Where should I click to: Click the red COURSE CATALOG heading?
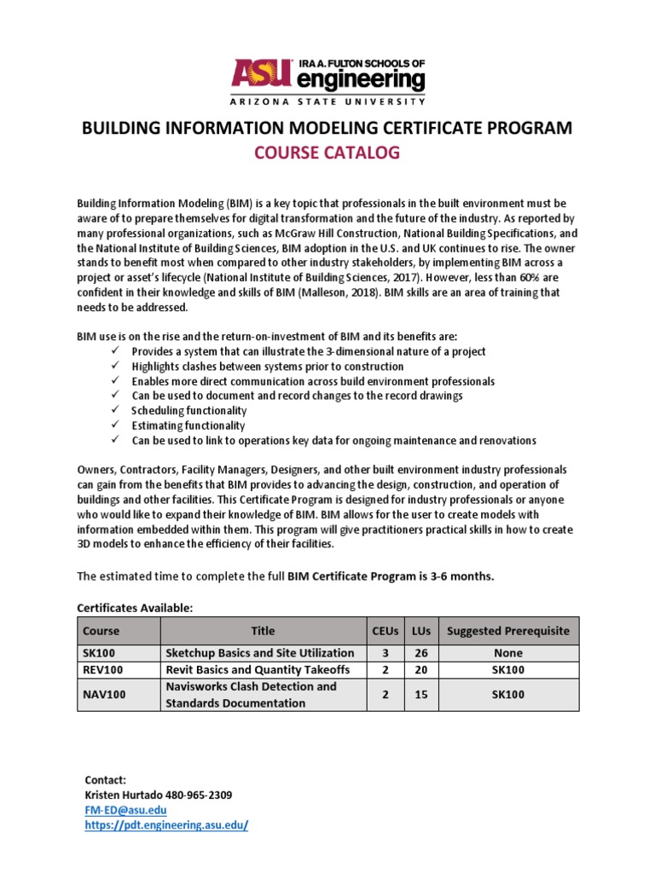coord(327,154)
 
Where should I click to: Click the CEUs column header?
coord(385,631)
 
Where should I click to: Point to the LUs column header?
coord(420,631)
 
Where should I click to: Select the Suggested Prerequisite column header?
coord(507,631)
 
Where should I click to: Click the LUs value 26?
coord(420,652)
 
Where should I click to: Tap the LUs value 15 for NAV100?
coord(420,695)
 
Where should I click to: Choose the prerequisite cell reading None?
coord(507,652)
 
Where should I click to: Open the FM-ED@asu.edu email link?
coord(125,810)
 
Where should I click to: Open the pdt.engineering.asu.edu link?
coord(166,826)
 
